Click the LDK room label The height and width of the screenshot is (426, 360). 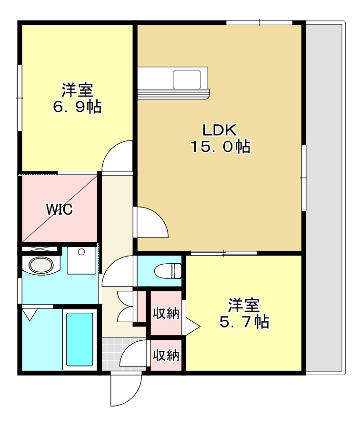pyautogui.click(x=220, y=130)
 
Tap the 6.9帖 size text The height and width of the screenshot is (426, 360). pyautogui.click(x=77, y=107)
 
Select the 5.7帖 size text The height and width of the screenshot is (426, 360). pyautogui.click(x=244, y=322)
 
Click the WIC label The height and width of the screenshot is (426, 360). pyautogui.click(x=59, y=209)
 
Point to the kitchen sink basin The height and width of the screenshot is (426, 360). pyautogui.click(x=187, y=79)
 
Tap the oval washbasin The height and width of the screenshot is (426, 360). pyautogui.click(x=41, y=265)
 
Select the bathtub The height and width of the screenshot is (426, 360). pyautogui.click(x=80, y=339)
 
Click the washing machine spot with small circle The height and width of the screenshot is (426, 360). pyautogui.click(x=81, y=260)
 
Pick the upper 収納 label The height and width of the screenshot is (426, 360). pyautogui.click(x=166, y=314)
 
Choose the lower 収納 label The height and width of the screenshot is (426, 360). pyautogui.click(x=166, y=355)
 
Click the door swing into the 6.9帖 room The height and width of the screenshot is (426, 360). pyautogui.click(x=118, y=156)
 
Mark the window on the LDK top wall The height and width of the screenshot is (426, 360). pyautogui.click(x=259, y=22)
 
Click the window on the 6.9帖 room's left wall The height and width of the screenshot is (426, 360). pyautogui.click(x=20, y=98)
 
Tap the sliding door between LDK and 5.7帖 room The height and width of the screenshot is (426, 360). pyautogui.click(x=223, y=253)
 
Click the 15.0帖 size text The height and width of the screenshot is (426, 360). pyautogui.click(x=220, y=147)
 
